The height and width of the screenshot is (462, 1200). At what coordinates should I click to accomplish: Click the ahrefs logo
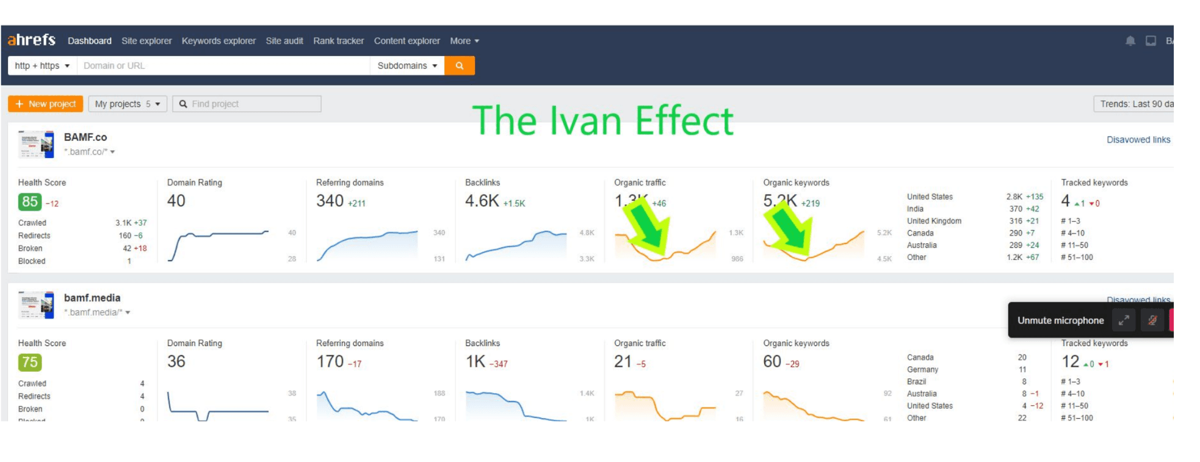pos(31,40)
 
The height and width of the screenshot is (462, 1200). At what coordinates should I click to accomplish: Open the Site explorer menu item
pos(146,41)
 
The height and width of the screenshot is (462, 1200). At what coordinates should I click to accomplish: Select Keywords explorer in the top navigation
pos(219,41)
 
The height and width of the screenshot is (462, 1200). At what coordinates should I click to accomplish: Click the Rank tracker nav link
pos(338,41)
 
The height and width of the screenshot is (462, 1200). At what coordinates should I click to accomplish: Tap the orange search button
pos(460,66)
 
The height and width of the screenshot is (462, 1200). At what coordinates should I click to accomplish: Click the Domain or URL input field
pos(223,66)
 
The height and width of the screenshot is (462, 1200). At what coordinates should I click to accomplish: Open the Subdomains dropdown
pos(407,66)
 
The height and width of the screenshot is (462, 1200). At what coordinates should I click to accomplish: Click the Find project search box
pos(247,104)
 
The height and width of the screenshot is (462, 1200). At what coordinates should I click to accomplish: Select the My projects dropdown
pos(128,104)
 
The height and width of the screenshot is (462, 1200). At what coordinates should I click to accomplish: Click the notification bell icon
pos(1130,41)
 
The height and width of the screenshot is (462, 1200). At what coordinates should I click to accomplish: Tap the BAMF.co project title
pos(85,137)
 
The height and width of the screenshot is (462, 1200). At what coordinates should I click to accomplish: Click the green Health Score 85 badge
pos(30,202)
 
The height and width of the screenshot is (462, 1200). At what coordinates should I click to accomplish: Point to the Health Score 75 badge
pos(30,363)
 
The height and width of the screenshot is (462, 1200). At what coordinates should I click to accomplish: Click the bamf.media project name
pos(92,298)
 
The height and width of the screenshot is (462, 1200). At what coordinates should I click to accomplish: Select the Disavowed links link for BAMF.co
pos(1138,140)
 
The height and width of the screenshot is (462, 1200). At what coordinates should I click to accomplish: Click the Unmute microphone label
pos(1060,320)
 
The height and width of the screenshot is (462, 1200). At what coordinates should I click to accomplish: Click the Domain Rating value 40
pos(176,201)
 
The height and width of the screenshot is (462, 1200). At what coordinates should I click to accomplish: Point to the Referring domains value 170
pos(330,361)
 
